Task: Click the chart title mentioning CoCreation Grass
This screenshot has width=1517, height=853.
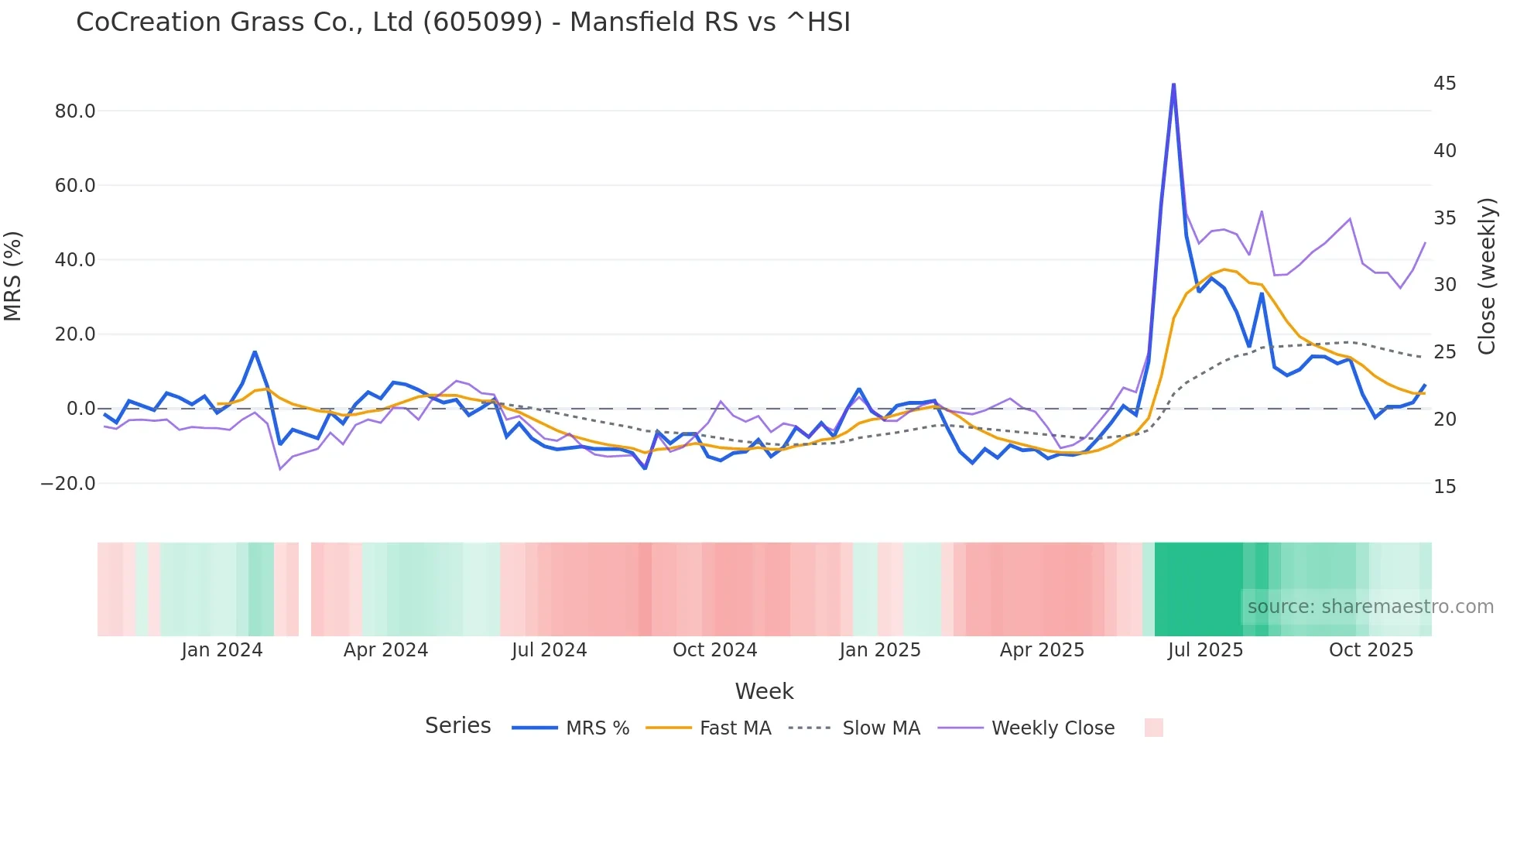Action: pyautogui.click(x=463, y=22)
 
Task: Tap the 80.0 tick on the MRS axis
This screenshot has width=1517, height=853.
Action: pyautogui.click(x=75, y=111)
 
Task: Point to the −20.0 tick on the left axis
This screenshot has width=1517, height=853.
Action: pyautogui.click(x=68, y=484)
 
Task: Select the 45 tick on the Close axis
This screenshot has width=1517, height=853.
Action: pyautogui.click(x=1444, y=84)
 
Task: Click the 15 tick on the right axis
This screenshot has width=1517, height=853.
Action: pyautogui.click(x=1444, y=487)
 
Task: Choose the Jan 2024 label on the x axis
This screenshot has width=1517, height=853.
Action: pyautogui.click(x=222, y=650)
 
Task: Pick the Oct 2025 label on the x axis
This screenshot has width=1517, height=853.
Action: pyautogui.click(x=1371, y=650)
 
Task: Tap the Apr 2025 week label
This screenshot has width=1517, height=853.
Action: pyautogui.click(x=1042, y=650)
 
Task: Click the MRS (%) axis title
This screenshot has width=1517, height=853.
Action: pyautogui.click(x=13, y=276)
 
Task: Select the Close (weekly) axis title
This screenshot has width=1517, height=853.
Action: pyautogui.click(x=1486, y=276)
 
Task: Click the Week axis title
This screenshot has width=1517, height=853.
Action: pyautogui.click(x=764, y=691)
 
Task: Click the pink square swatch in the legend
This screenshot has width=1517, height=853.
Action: pyautogui.click(x=1153, y=728)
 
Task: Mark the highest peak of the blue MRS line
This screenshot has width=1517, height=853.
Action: pyautogui.click(x=1173, y=84)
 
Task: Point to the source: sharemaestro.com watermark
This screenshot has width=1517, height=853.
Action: pyautogui.click(x=1370, y=607)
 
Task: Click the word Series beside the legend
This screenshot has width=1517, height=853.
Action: pyautogui.click(x=457, y=726)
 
